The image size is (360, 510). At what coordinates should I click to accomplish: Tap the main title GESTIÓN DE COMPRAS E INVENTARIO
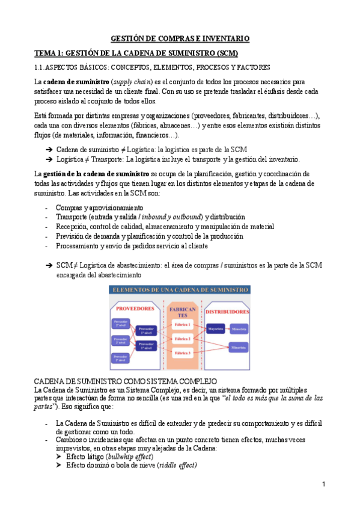pos(180,38)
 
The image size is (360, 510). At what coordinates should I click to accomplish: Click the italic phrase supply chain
pos(133,81)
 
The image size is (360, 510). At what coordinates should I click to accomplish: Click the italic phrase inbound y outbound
pos(170,217)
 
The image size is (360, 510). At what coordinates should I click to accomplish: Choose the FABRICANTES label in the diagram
pos(182,311)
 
